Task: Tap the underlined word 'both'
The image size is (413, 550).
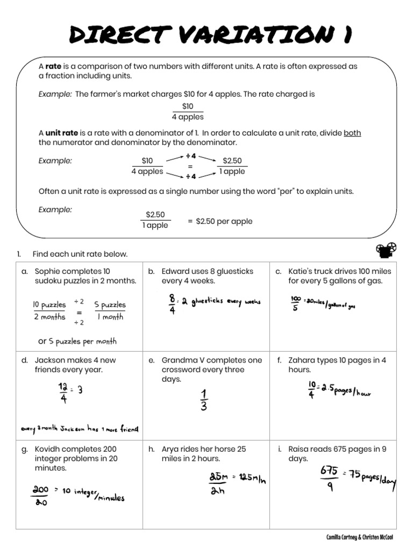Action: tap(352, 133)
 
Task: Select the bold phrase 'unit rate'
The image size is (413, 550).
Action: tap(62, 133)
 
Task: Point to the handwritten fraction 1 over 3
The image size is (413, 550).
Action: tap(204, 400)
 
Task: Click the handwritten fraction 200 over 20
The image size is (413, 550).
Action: tap(41, 496)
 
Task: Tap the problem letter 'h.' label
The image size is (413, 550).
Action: tap(152, 449)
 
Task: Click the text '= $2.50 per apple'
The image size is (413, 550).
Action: tap(220, 221)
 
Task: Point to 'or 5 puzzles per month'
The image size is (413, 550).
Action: tap(77, 341)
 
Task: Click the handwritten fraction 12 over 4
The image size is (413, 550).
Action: tap(63, 392)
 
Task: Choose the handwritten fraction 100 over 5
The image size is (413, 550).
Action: tap(296, 303)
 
